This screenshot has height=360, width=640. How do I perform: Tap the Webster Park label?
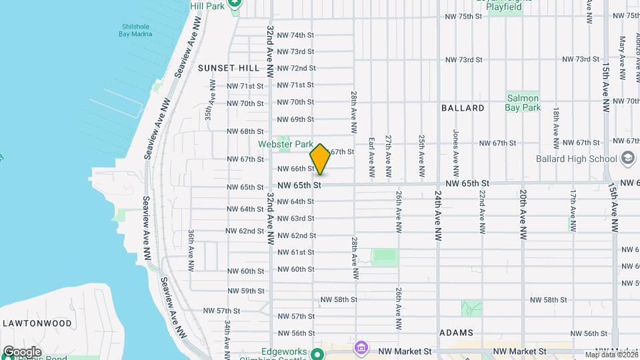click(286, 144)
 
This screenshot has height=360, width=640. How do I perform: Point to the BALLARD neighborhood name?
click(463, 107)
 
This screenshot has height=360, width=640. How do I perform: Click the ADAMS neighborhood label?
click(457, 333)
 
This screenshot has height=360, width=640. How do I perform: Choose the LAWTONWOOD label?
click(37, 323)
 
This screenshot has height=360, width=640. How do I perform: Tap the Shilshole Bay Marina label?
click(136, 30)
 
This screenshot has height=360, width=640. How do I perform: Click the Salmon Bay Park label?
click(523, 102)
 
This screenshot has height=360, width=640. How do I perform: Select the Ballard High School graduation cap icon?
click(627, 159)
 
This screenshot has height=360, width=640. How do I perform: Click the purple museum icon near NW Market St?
click(361, 347)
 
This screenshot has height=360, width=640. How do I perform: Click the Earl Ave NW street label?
click(371, 157)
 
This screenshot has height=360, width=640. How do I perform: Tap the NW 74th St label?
click(295, 35)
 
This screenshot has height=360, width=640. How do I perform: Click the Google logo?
click(21, 352)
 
